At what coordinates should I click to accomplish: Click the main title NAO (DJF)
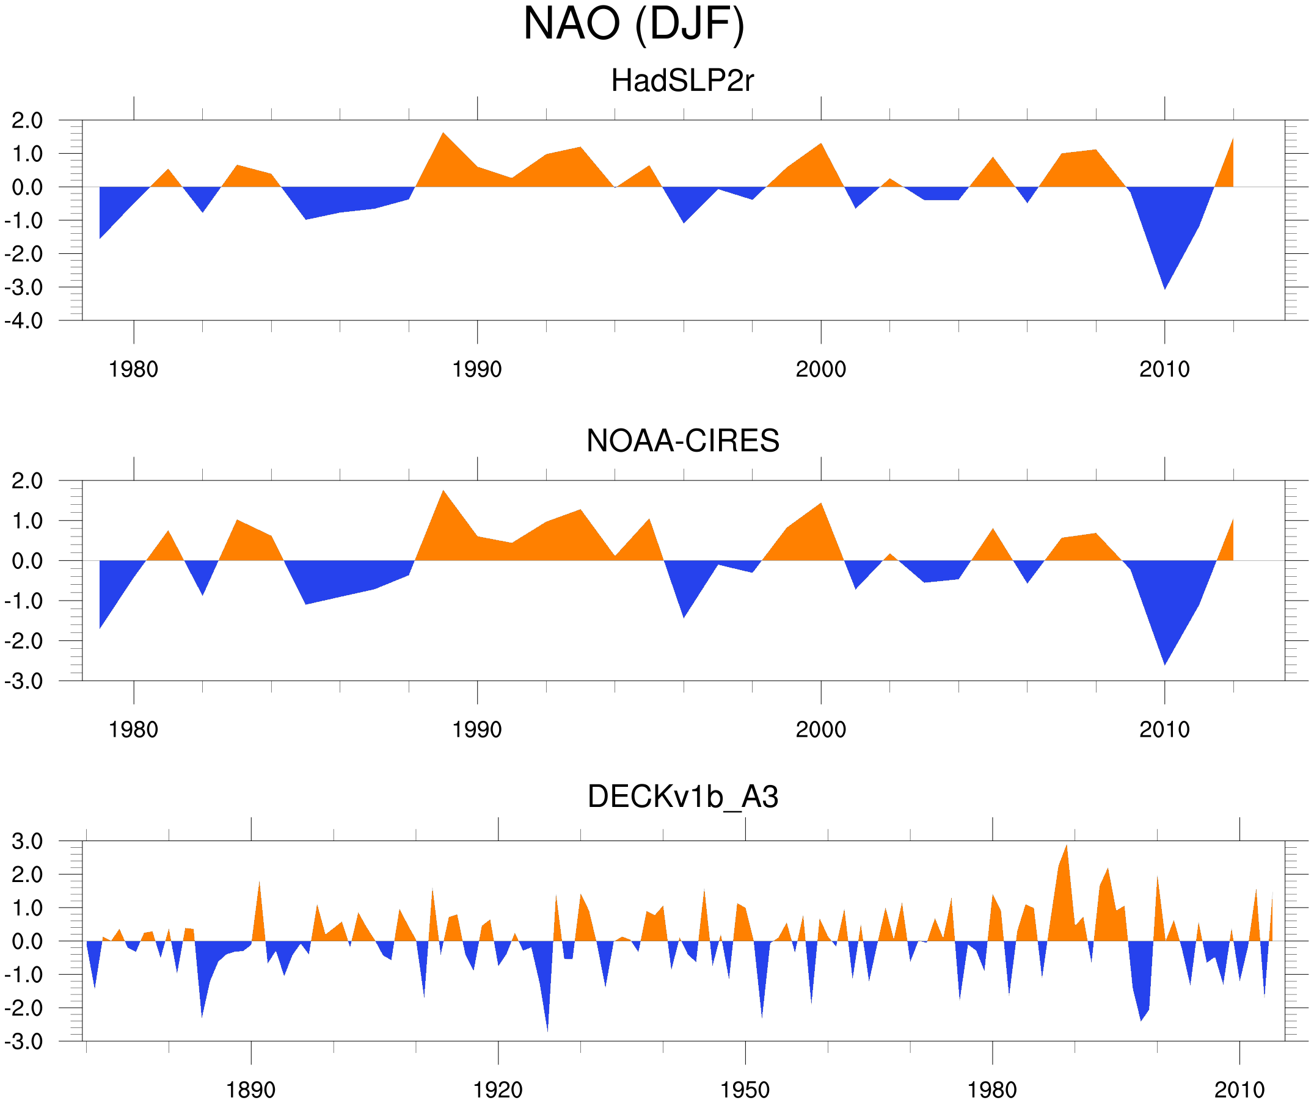(633, 24)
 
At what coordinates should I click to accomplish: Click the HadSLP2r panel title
(682, 81)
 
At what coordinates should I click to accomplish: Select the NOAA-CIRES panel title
(682, 441)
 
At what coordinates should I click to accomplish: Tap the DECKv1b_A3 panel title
(682, 797)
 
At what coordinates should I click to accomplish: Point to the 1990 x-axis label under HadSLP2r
(477, 369)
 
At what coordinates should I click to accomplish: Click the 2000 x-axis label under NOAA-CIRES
(820, 729)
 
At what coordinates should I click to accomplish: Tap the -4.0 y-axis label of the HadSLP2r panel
(24, 322)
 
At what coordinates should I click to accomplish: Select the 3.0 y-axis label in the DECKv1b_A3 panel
(27, 842)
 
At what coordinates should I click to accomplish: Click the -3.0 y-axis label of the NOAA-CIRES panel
(24, 682)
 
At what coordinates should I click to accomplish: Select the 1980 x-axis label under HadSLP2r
(133, 369)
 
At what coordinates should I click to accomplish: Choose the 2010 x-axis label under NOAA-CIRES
(1164, 729)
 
